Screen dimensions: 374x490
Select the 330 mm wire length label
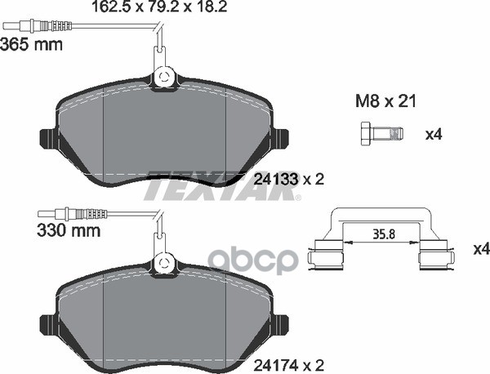69,231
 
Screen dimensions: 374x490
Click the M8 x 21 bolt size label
385,102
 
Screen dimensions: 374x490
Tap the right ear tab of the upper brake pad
283,139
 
